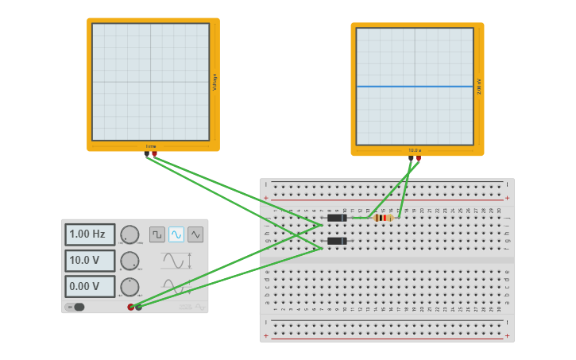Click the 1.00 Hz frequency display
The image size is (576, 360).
pos(89,234)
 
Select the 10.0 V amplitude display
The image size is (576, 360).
pos(89,261)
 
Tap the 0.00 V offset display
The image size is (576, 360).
pos(89,286)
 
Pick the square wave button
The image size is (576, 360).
pos(157,234)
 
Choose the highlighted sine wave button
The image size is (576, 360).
pos(176,234)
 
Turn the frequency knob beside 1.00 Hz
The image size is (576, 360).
pos(130,234)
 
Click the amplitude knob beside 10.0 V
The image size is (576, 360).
pos(130,261)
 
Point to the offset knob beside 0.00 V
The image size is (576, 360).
pos(130,286)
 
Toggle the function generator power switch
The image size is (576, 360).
pos(75,307)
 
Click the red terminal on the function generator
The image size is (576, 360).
pos(131,307)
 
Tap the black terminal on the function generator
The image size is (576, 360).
pos(138,307)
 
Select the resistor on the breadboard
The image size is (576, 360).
pos(384,218)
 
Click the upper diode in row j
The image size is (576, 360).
pos(337,218)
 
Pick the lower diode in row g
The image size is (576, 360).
pos(337,241)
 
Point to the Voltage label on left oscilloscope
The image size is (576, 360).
pos(215,82)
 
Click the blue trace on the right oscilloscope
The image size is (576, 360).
pos(415,86)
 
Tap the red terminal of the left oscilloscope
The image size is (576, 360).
pos(155,154)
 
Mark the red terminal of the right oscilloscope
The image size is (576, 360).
pos(419,158)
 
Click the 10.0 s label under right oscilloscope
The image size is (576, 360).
pos(415,150)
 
